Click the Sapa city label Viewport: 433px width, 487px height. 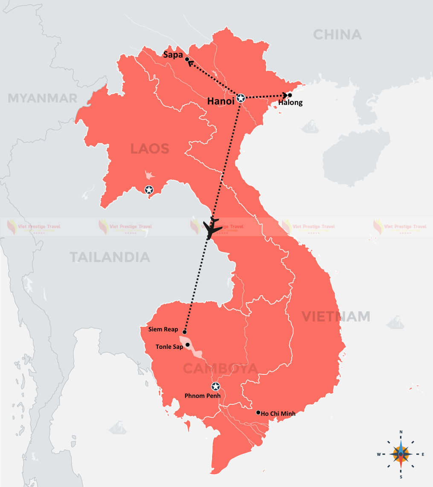(x=173, y=55)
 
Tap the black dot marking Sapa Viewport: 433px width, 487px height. (x=187, y=59)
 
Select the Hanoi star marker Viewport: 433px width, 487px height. (x=241, y=98)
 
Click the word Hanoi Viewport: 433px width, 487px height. (x=221, y=101)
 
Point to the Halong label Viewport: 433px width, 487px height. (x=290, y=102)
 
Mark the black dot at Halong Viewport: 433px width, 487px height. (x=290, y=95)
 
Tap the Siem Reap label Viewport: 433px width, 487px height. (x=163, y=329)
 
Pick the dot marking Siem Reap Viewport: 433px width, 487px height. (x=184, y=331)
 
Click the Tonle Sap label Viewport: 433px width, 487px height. (x=169, y=347)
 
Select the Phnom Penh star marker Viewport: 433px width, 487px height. (x=215, y=387)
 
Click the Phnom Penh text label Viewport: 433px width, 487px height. (x=203, y=396)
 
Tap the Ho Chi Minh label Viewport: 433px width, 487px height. (x=278, y=413)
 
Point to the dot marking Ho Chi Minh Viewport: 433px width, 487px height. (x=258, y=412)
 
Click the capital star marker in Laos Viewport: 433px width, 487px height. (x=149, y=189)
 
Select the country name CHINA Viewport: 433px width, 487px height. (x=337, y=35)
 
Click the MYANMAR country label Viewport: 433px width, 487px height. (x=43, y=99)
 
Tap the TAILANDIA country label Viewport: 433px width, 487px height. (x=110, y=257)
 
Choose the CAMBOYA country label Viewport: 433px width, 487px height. (x=220, y=368)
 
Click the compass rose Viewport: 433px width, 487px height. (x=401, y=454)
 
